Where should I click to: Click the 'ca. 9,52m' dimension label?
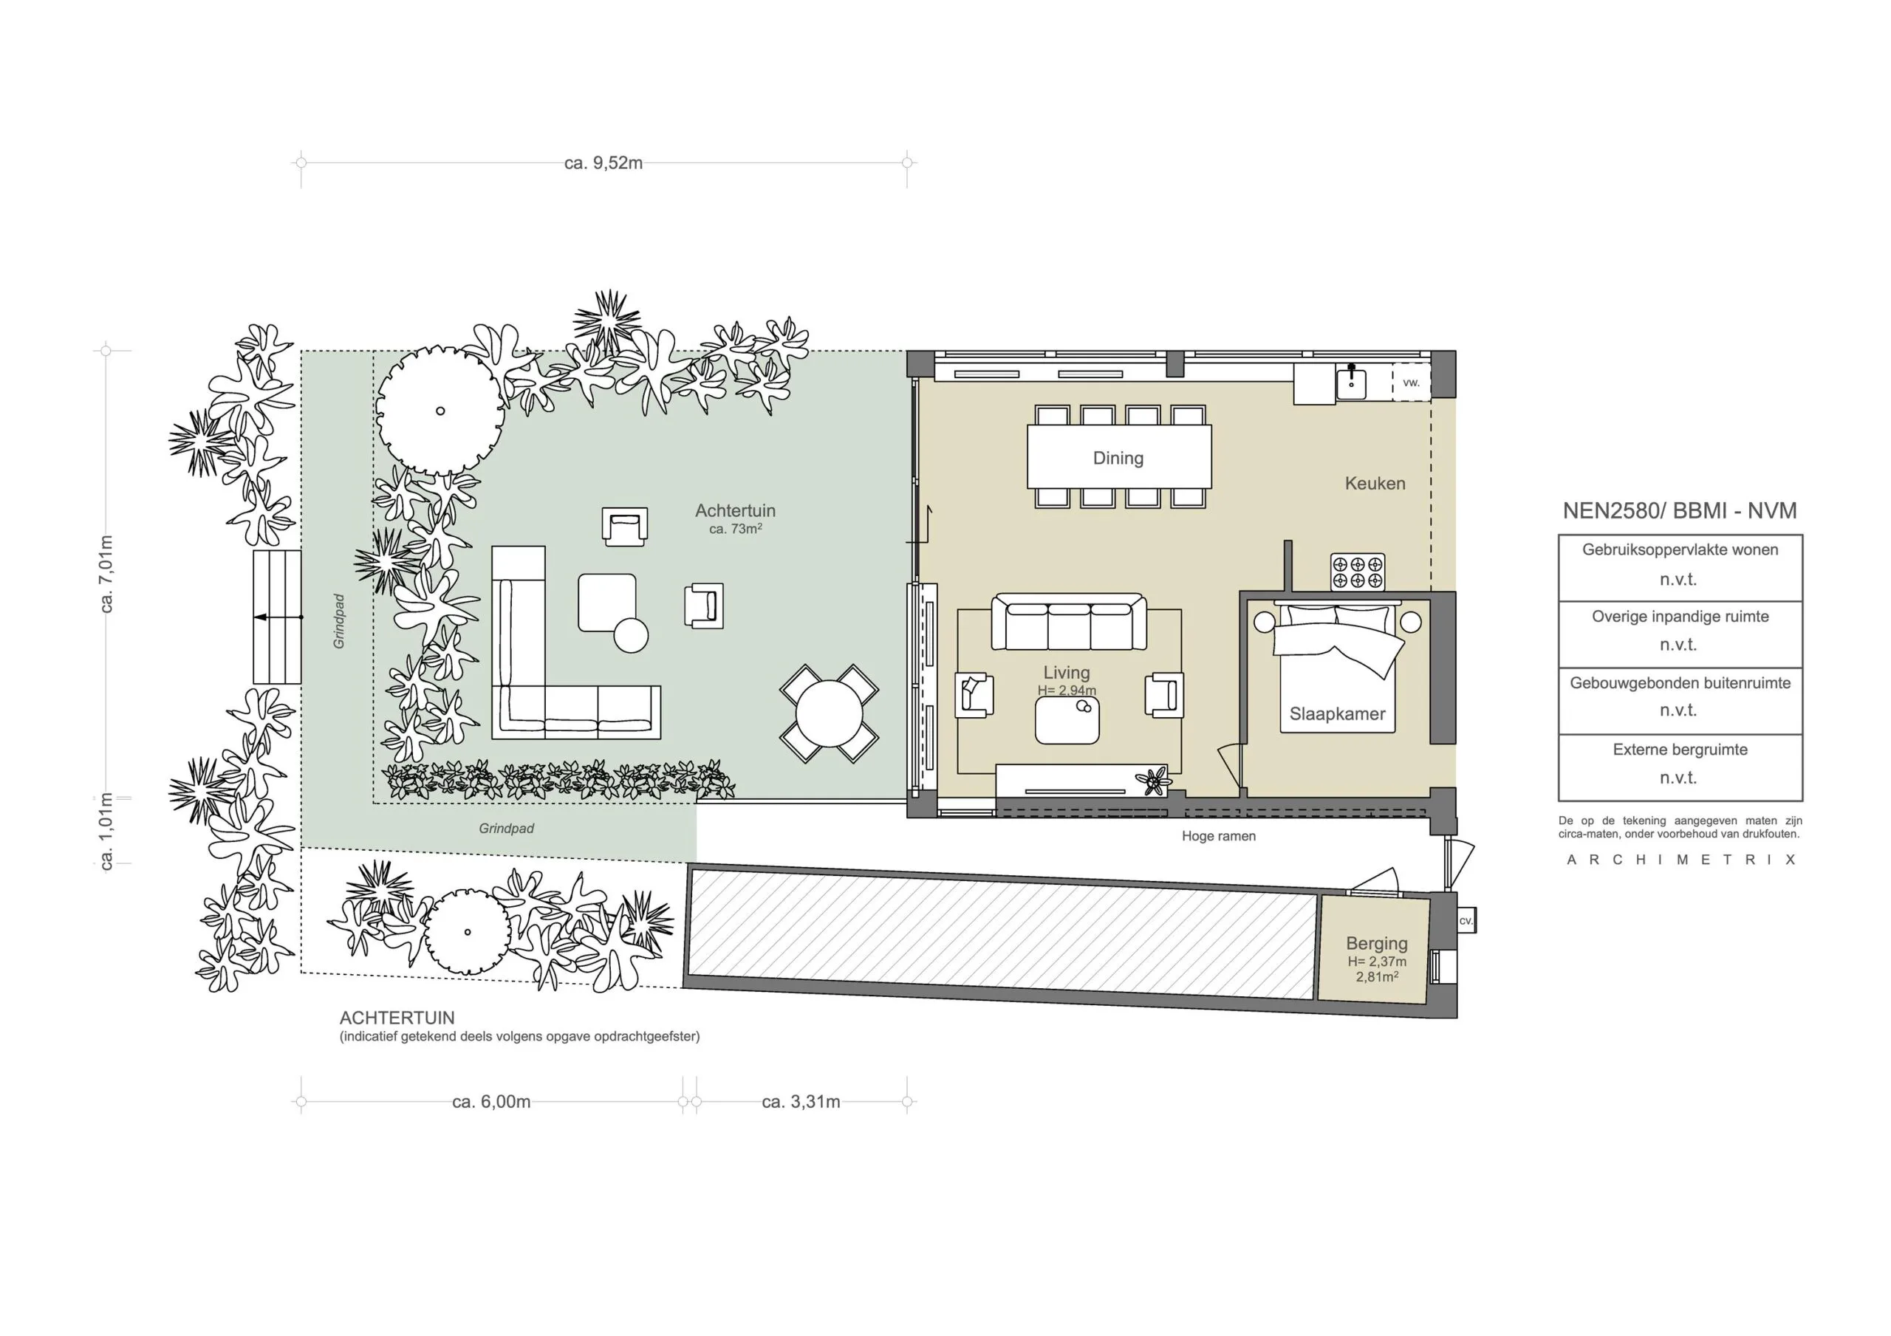603,163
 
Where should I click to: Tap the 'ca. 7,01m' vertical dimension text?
106,573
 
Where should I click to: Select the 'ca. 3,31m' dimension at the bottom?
801,1102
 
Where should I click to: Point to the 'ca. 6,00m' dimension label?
491,1102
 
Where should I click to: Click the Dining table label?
1118,458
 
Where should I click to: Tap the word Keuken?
1375,484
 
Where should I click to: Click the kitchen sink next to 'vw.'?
1351,383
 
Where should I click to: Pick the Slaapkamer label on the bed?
1337,714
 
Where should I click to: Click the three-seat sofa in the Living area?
1068,623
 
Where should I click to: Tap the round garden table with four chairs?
829,713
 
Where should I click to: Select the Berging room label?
1376,943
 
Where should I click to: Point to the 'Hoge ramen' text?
1218,836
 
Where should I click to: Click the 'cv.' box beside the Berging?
1466,921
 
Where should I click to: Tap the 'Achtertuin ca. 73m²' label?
735,518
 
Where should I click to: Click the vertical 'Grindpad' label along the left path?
339,621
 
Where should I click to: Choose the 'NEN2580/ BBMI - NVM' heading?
1679,510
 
